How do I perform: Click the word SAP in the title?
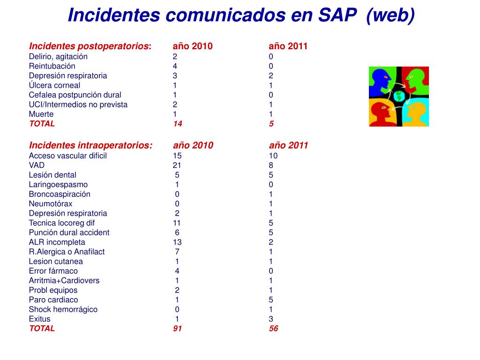(x=337, y=15)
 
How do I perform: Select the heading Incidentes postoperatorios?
(x=89, y=46)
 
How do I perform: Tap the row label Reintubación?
(x=52, y=66)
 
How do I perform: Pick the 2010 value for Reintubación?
(x=175, y=66)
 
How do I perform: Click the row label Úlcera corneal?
(x=54, y=85)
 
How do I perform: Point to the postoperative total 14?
(x=178, y=124)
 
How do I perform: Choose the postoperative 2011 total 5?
(x=271, y=124)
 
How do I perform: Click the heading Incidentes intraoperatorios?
(x=90, y=145)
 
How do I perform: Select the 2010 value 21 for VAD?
(x=177, y=165)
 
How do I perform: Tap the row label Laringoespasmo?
(x=58, y=185)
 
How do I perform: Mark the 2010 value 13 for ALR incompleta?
(x=177, y=242)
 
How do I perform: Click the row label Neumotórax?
(x=51, y=203)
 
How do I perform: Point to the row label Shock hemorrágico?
(x=63, y=309)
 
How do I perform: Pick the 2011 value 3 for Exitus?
(x=271, y=319)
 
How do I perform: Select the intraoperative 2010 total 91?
(x=178, y=329)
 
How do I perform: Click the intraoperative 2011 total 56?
(x=274, y=329)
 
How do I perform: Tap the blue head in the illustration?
(x=379, y=81)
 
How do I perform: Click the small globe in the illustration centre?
(x=399, y=97)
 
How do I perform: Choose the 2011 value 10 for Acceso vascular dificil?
(x=273, y=156)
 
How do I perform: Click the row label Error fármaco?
(x=53, y=271)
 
